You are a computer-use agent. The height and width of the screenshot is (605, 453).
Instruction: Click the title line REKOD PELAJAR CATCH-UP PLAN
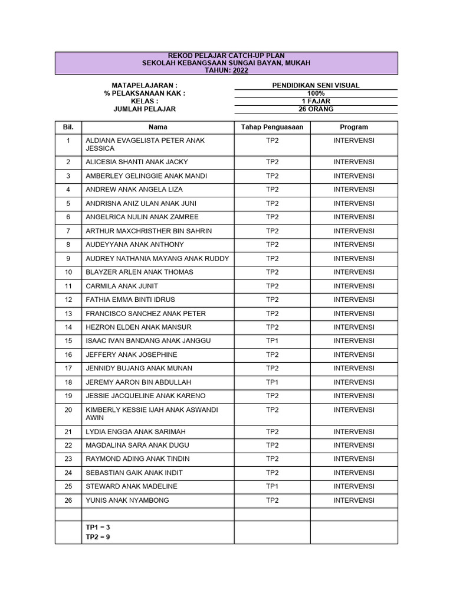point(226,56)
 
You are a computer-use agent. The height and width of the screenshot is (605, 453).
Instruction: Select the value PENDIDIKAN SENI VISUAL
point(316,86)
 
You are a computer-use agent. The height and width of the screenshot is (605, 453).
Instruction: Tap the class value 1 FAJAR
point(316,101)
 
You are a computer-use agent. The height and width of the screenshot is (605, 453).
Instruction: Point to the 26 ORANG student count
point(316,109)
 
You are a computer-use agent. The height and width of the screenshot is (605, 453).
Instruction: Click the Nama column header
point(157,127)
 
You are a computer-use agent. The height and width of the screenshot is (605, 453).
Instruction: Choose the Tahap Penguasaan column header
point(272,127)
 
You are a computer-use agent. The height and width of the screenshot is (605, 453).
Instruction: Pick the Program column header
point(353,127)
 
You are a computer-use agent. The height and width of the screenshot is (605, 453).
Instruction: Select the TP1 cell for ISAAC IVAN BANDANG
point(272,341)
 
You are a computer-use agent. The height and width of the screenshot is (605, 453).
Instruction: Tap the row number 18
point(68,382)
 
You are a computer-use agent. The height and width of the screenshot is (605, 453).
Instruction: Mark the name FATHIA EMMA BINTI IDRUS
point(130,300)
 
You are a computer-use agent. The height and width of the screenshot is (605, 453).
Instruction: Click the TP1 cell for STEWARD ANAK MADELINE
point(272,486)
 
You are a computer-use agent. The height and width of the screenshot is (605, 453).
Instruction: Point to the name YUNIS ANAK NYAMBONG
point(127,500)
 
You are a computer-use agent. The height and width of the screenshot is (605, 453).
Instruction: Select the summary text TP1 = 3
point(98,527)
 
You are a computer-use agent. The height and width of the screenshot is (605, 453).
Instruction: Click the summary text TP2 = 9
point(98,537)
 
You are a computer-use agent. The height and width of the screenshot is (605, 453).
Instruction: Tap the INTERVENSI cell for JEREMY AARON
point(353,382)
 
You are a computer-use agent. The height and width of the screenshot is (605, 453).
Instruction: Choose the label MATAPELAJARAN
point(145,86)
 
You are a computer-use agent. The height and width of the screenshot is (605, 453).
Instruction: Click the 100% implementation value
point(316,93)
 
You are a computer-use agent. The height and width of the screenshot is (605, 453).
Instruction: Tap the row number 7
point(68,231)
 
